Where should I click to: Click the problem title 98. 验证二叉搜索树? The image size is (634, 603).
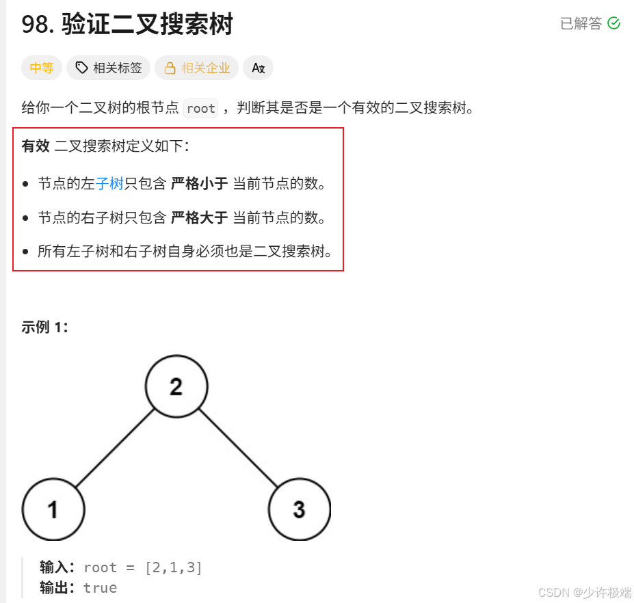coord(127,25)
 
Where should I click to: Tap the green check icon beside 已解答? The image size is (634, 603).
coord(613,23)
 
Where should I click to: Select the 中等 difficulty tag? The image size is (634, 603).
coord(41,68)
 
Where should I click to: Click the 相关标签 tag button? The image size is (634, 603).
coord(109,68)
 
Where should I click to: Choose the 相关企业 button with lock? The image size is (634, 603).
coord(197,68)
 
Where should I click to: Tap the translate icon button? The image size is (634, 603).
coord(258,68)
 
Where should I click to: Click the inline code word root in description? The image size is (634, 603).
coord(200,108)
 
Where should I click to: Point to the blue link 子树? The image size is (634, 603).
coord(109,184)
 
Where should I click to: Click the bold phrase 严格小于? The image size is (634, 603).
coord(199,184)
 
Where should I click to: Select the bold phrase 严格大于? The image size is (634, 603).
coord(199,218)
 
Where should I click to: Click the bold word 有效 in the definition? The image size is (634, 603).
coord(36,146)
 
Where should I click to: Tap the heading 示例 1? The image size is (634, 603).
coord(44,327)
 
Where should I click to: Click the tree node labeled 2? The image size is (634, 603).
coord(176,387)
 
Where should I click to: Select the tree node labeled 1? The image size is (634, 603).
coord(53,509)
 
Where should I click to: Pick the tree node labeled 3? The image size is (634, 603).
coord(299,509)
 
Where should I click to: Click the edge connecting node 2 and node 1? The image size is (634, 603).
coord(114,448)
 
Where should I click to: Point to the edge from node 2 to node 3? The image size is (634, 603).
coord(238,448)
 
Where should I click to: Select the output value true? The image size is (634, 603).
coord(100,588)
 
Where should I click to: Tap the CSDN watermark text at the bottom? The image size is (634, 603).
coord(584,592)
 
